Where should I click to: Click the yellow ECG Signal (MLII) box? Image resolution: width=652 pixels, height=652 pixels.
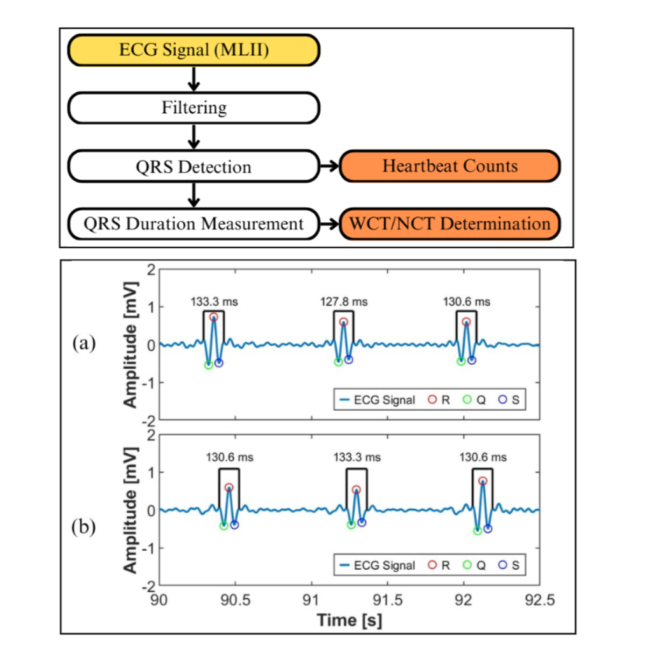tap(194, 50)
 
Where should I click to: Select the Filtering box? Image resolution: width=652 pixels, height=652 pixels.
tap(194, 108)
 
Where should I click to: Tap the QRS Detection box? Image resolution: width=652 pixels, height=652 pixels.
tap(194, 167)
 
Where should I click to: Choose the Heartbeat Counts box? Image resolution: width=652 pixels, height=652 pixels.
tap(450, 167)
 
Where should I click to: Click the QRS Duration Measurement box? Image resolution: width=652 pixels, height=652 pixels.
tap(194, 224)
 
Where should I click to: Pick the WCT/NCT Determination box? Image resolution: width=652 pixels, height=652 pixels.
tap(450, 224)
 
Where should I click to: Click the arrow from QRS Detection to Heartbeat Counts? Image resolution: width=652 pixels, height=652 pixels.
tap(329, 167)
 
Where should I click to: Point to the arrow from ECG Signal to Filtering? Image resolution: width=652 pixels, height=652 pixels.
tap(195, 79)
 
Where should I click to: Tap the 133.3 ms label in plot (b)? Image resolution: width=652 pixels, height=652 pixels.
tap(357, 457)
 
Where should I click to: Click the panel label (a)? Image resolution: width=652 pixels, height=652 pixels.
tap(84, 344)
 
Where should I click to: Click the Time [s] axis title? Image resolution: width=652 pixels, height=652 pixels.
tap(350, 620)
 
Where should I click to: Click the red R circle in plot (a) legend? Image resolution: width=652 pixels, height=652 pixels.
tap(432, 400)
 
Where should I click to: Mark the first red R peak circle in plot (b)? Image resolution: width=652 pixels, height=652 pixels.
tap(229, 488)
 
